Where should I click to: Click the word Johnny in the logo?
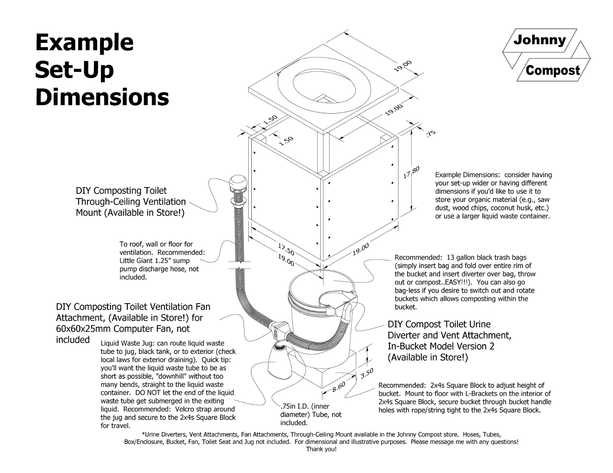click(x=539, y=40)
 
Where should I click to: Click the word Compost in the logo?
click(x=553, y=70)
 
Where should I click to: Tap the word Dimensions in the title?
click(x=102, y=97)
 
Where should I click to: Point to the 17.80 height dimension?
click(x=411, y=172)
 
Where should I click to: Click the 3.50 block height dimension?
click(x=367, y=374)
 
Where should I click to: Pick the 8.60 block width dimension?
click(x=339, y=387)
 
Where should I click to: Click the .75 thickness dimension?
click(x=431, y=134)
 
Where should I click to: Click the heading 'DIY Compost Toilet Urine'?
click(x=439, y=325)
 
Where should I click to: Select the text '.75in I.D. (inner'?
click(x=305, y=406)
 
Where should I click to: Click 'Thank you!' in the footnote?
click(x=321, y=449)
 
